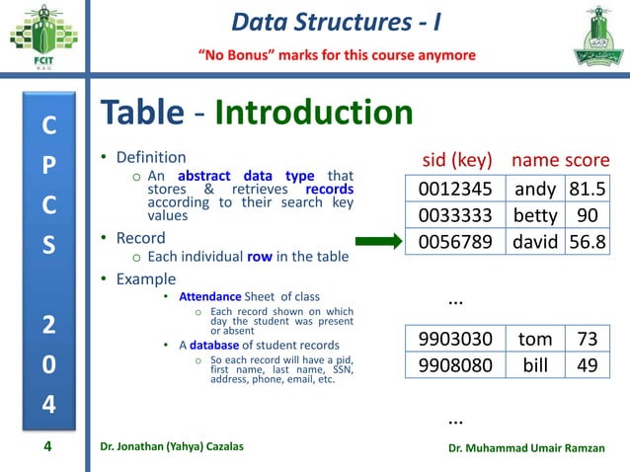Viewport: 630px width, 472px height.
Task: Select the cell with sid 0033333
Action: click(454, 215)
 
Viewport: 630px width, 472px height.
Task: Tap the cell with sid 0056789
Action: click(454, 241)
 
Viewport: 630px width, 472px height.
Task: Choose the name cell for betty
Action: click(534, 215)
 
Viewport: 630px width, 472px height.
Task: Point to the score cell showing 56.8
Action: click(587, 241)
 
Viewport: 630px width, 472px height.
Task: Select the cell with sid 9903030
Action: click(454, 340)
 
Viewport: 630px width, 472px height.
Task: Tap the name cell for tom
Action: click(534, 340)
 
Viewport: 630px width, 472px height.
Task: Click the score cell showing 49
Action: click(587, 365)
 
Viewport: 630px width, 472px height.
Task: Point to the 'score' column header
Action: click(588, 160)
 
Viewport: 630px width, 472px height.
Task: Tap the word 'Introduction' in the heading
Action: click(313, 114)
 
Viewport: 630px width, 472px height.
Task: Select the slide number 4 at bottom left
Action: click(46, 447)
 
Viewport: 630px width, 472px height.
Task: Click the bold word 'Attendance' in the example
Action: click(209, 296)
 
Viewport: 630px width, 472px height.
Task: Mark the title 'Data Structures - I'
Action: click(336, 20)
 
